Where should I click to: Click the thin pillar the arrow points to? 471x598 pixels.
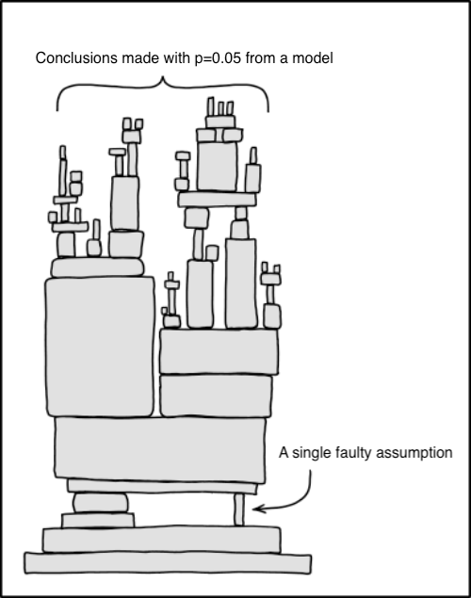click(x=238, y=509)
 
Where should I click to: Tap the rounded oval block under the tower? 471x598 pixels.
click(x=101, y=503)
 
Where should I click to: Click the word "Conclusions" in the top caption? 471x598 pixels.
click(x=76, y=58)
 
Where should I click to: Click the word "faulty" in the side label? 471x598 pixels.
click(x=353, y=453)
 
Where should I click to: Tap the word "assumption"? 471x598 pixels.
click(x=414, y=454)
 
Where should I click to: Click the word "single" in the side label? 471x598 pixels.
click(x=312, y=453)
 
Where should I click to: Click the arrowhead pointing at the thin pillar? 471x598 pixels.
click(x=257, y=509)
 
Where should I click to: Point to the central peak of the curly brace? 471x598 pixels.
click(x=163, y=77)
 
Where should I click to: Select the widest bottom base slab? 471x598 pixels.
click(x=168, y=563)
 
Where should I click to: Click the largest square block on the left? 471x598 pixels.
click(x=100, y=347)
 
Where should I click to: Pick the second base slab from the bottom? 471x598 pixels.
click(x=162, y=540)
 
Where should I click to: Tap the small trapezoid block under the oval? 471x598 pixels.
click(x=98, y=520)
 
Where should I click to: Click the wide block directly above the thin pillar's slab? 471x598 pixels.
click(x=160, y=449)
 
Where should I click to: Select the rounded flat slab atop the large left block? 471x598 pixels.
click(x=98, y=267)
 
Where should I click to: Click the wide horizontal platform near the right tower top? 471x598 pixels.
click(x=217, y=200)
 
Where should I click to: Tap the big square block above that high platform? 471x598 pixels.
click(x=217, y=167)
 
